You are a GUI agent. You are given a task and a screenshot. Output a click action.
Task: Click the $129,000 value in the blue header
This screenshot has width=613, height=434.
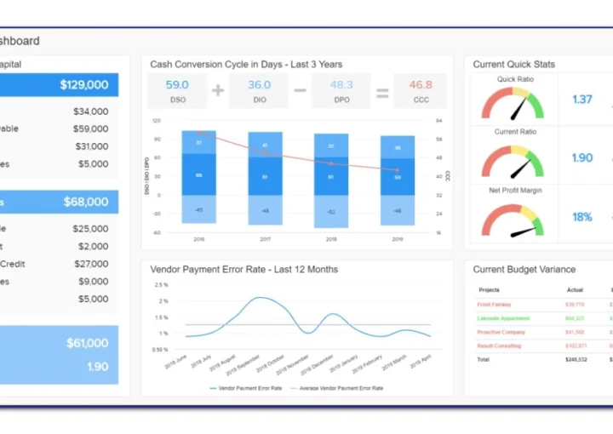point(84,85)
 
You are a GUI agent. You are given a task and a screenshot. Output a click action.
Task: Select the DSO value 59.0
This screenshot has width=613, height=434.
point(177,85)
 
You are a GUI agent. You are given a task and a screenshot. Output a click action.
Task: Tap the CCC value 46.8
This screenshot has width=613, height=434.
point(421,85)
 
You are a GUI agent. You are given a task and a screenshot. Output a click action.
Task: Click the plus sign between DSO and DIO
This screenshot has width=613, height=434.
point(218,89)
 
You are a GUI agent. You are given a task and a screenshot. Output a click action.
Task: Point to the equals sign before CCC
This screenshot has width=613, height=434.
point(382,89)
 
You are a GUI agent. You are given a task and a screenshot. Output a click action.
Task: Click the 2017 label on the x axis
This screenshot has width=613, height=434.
point(265,240)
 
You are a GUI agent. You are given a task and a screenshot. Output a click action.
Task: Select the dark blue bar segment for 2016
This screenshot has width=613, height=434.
point(198,175)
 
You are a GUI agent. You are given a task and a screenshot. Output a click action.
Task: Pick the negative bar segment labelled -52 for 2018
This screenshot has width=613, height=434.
point(331,212)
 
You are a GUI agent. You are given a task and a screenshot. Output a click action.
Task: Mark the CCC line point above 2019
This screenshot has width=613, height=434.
point(397,170)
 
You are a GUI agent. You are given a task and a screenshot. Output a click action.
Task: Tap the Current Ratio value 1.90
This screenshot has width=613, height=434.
point(582,157)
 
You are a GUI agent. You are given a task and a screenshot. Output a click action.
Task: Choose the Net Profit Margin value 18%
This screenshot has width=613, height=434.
point(582,217)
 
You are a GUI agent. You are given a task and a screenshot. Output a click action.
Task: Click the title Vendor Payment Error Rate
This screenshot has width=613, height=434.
point(243,270)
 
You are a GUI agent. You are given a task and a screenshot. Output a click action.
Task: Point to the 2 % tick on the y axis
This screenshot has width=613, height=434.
point(162,300)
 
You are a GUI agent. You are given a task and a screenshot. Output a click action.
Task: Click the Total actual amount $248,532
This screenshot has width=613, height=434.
point(576,359)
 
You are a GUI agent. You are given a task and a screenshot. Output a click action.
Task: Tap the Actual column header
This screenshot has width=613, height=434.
point(576,289)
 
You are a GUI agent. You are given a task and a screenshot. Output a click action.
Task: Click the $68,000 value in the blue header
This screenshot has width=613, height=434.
point(86,203)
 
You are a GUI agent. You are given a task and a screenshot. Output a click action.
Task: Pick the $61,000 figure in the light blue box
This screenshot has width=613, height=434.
point(88,343)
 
